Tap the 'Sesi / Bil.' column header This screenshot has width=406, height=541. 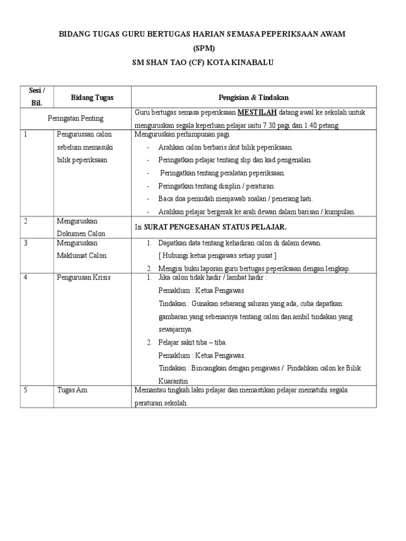click(36, 97)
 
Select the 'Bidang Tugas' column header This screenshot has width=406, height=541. click(92, 98)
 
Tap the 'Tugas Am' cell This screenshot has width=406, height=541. click(72, 390)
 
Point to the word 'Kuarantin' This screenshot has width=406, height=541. click(174, 380)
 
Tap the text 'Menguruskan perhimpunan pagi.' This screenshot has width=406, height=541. click(179, 135)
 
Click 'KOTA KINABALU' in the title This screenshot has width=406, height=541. click(241, 62)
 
